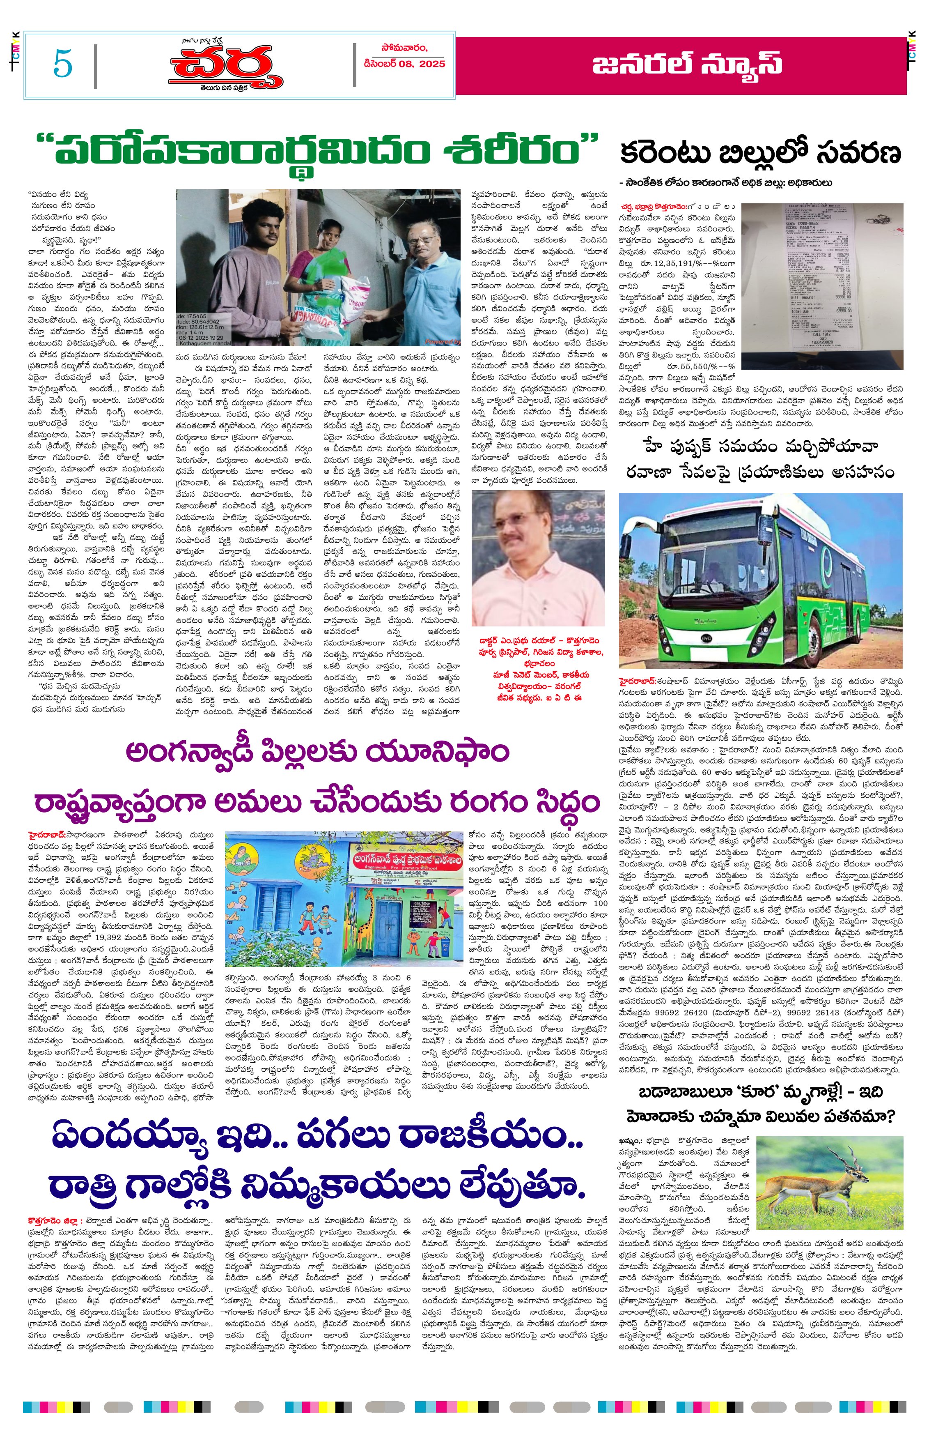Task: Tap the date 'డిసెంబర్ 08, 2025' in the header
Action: (404, 64)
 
